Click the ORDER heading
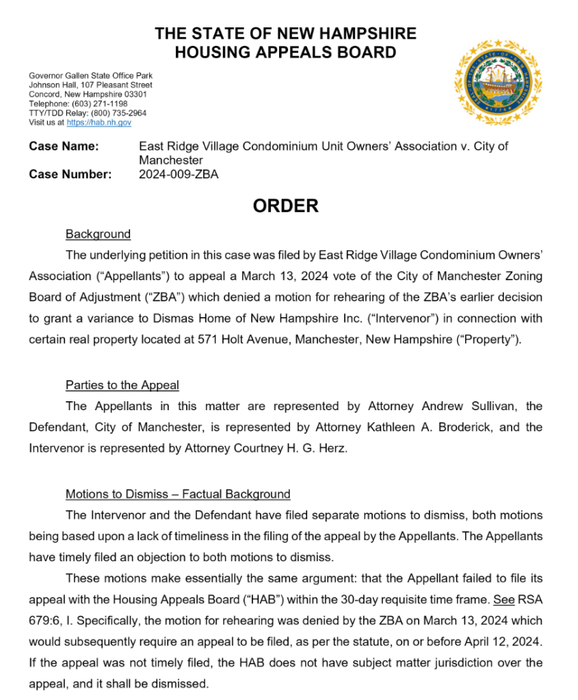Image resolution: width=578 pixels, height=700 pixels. click(285, 206)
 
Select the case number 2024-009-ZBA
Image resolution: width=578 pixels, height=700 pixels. click(179, 174)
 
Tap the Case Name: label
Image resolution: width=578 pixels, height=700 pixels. click(64, 146)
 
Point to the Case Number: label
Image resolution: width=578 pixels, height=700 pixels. click(70, 174)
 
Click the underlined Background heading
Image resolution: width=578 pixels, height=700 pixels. click(98, 234)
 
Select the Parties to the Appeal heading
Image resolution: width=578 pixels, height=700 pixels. click(122, 386)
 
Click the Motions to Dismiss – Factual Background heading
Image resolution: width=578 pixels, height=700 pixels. click(178, 494)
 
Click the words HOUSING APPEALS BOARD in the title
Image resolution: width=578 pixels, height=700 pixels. click(285, 52)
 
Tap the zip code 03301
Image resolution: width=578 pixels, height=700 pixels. click(135, 94)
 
